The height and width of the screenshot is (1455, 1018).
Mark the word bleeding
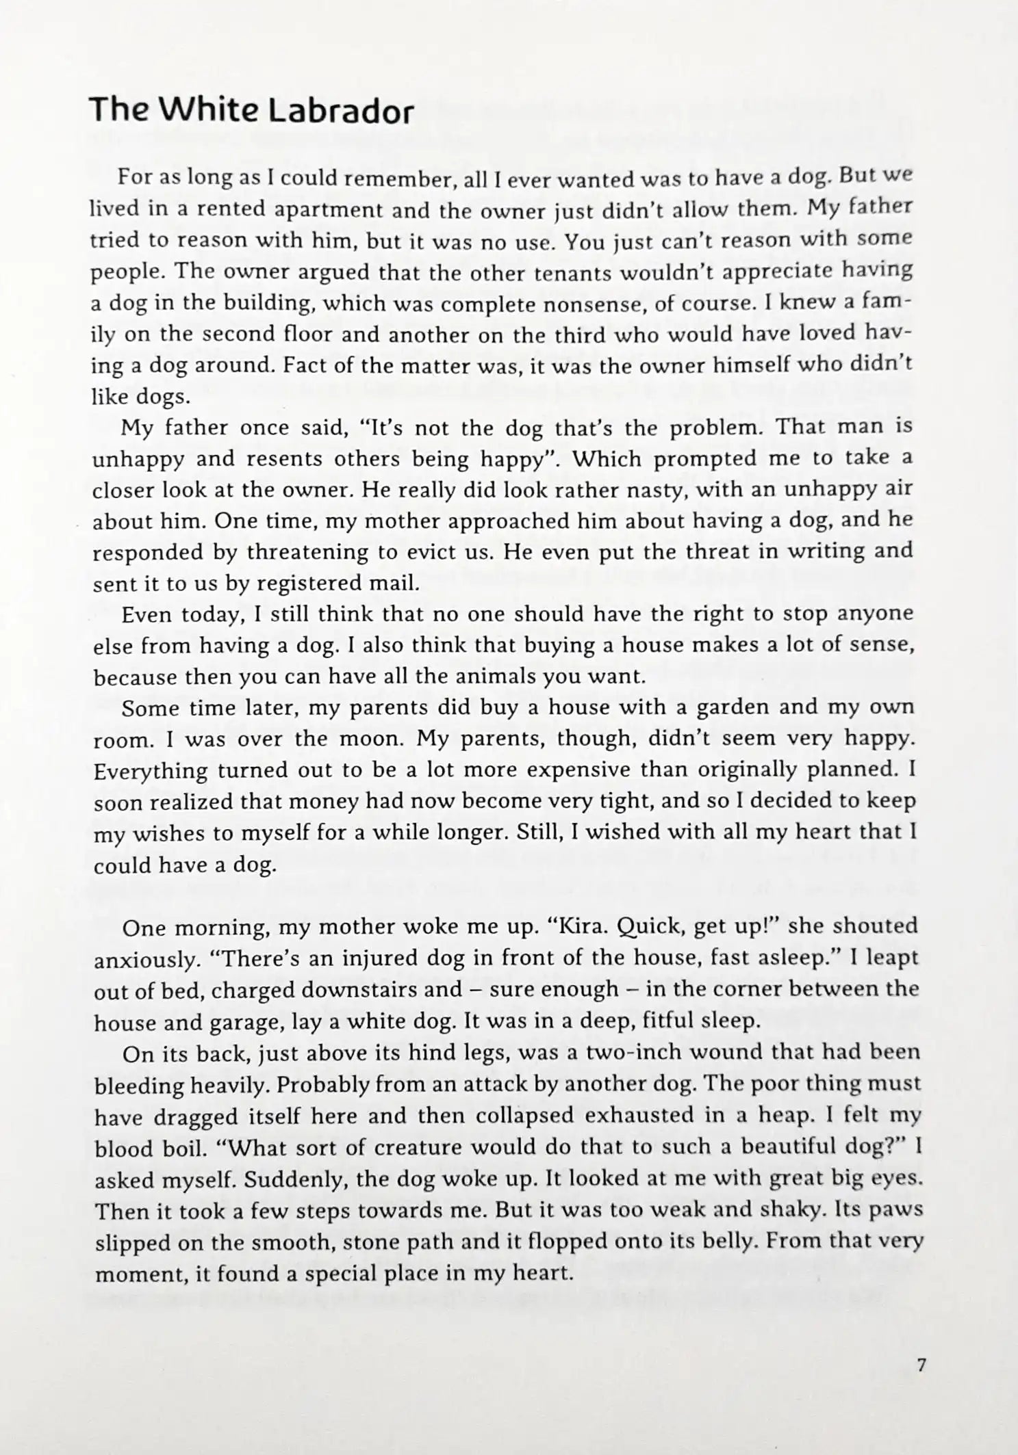pyautogui.click(x=139, y=1085)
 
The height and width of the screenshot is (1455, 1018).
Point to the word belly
pyautogui.click(x=722, y=1242)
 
